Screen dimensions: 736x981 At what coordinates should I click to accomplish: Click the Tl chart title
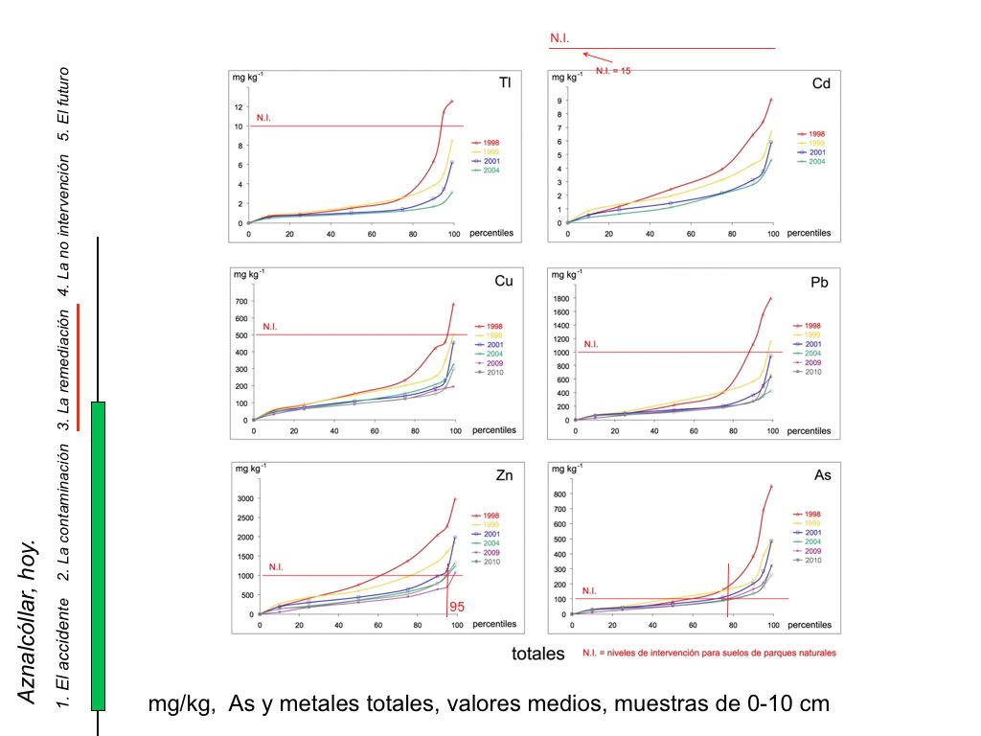coord(504,83)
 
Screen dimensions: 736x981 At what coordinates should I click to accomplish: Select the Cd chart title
coord(821,83)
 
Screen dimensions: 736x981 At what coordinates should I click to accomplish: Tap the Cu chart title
coord(503,282)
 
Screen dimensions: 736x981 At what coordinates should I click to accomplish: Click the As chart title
coord(821,475)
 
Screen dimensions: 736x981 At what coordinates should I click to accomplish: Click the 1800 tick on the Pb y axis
coord(560,298)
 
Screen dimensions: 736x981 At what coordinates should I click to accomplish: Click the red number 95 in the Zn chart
coord(457,607)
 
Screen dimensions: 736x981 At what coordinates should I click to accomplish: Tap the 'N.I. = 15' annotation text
coord(613,70)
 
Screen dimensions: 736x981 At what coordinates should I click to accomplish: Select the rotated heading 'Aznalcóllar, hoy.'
coord(29,620)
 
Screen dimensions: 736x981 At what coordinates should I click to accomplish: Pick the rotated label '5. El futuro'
coord(64,104)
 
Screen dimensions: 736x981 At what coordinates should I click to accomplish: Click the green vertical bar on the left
coord(98,556)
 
